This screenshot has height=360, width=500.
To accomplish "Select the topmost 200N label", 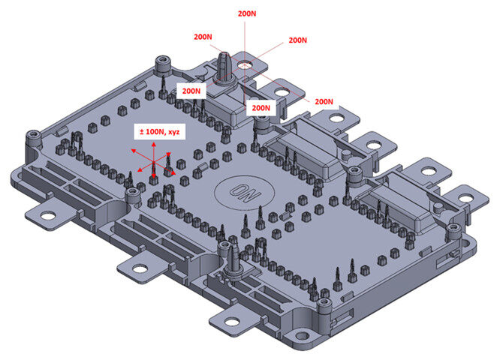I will click(x=247, y=13).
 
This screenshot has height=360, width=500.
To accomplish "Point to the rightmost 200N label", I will click(x=324, y=101).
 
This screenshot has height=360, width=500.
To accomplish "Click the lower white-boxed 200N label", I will click(x=261, y=108).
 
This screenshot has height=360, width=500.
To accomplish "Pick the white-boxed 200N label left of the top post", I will click(x=191, y=91).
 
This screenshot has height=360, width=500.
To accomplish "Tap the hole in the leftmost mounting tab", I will click(x=47, y=217).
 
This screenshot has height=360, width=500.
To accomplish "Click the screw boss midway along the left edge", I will click(x=133, y=195).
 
